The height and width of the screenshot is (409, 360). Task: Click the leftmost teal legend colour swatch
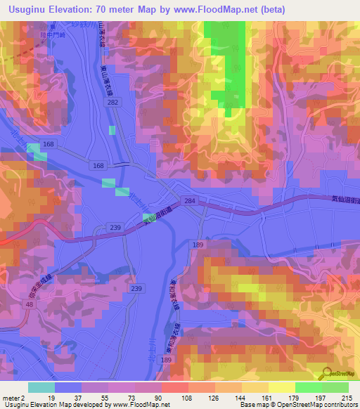(x=41, y=387)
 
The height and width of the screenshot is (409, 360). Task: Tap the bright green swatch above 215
(x=335, y=387)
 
